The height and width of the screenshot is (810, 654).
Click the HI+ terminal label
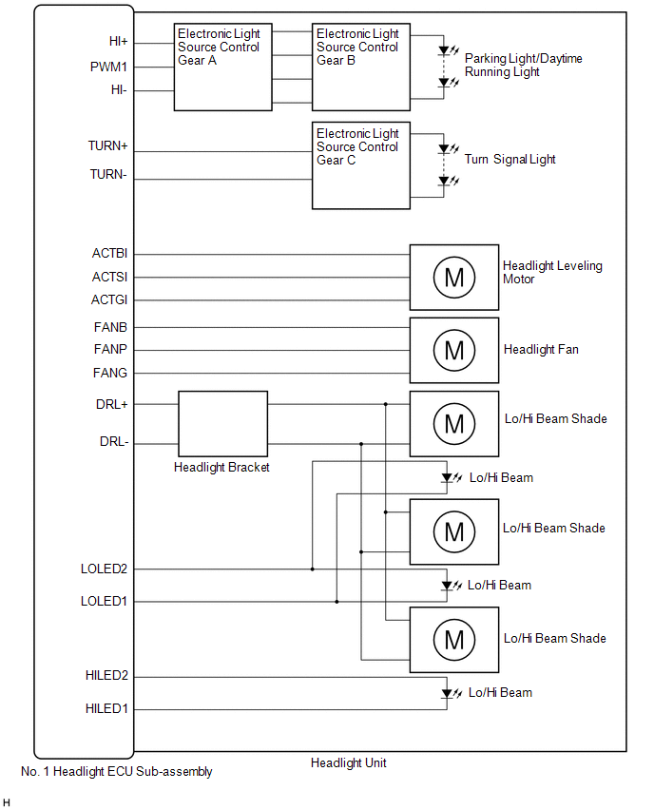coord(119,42)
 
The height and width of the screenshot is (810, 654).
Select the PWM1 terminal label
coord(108,67)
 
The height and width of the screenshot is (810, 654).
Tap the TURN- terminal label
coord(108,174)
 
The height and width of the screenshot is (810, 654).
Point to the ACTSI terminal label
coord(110,277)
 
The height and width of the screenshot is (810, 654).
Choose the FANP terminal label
coord(110,350)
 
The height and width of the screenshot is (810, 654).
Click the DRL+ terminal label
coord(113,404)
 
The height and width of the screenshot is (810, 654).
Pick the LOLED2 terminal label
coord(104,569)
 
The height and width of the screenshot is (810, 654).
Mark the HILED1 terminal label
coord(106,708)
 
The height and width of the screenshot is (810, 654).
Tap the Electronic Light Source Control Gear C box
coord(361,165)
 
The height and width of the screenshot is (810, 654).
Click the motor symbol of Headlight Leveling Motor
coord(453,277)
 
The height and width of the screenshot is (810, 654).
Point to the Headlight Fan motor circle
coord(453,350)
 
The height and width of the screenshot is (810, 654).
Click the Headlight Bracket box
coord(222,423)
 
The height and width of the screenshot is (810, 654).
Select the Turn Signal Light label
coord(510,160)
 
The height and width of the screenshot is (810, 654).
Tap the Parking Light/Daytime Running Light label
coord(523,65)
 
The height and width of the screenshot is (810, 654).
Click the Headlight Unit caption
coord(348,762)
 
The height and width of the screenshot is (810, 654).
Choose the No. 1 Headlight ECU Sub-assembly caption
coord(116,772)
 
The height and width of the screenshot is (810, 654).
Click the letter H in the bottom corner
coord(7,802)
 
